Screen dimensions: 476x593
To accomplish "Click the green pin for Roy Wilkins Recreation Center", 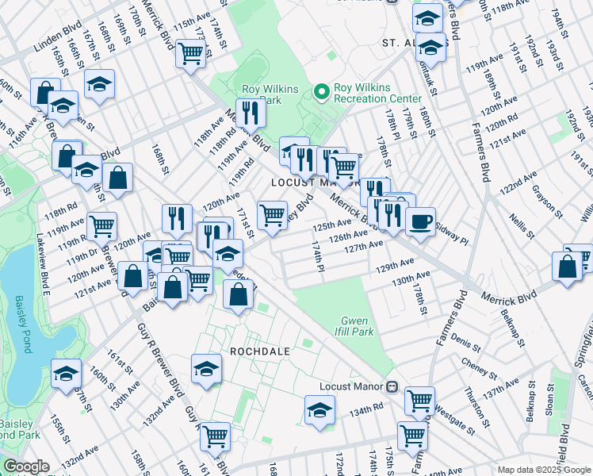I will point(321,93).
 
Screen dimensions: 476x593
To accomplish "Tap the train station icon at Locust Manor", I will point(391,386).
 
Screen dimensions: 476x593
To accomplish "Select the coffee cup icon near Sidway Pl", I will point(420,220).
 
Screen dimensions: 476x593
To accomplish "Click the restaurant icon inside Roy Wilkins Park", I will point(251,113).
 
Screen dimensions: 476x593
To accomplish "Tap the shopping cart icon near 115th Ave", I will point(191,54).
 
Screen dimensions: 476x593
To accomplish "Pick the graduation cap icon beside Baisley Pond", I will point(66,373).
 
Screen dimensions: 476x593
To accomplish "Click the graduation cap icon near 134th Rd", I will point(319,410).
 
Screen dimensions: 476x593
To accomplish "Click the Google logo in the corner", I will point(25,467).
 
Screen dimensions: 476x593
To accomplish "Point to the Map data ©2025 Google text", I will point(543,470).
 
